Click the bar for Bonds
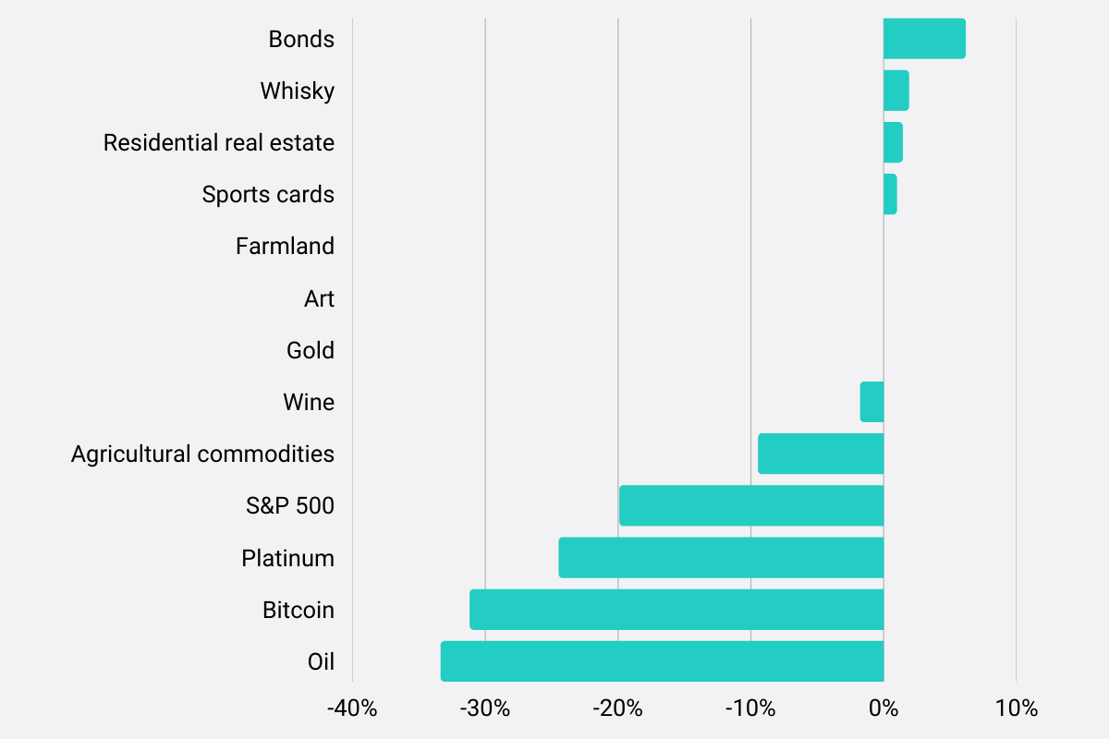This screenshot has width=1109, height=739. pos(924,39)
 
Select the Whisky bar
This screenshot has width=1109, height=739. pos(896,91)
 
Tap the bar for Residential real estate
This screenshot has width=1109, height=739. pos(893,142)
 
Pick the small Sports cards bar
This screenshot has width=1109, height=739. pos(890,194)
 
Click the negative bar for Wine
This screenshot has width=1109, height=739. pos(872,402)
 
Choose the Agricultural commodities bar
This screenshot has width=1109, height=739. pos(821,454)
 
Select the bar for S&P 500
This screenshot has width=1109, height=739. pos(751,505)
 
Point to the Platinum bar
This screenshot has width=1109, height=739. pos(721,558)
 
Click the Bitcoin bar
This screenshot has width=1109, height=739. pos(676,610)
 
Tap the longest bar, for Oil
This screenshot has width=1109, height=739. pos(662,661)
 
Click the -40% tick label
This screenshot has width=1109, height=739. pos(352,709)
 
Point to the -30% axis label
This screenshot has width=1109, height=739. pos(485,709)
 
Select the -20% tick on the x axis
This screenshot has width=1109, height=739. pos(617,709)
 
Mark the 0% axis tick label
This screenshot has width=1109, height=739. pos(884,709)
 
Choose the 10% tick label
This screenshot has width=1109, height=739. pos(1017,709)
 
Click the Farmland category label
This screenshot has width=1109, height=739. pos(285,247)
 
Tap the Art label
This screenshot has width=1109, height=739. pos(319,298)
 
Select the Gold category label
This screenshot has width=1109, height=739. pos(311,350)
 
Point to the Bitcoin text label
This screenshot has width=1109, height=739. pos(299,610)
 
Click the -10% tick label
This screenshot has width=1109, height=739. pos(750,709)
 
